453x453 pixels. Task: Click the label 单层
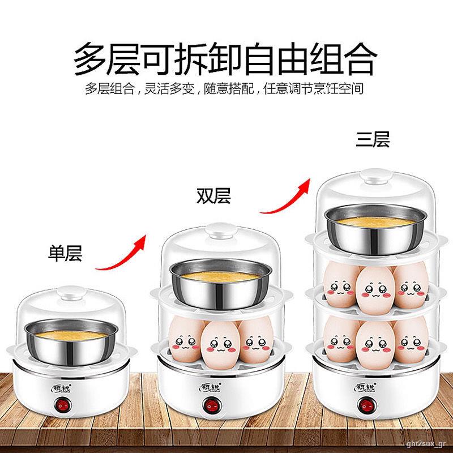[x=65, y=254]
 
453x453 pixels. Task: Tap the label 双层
[x=213, y=195]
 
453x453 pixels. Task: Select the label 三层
[x=373, y=139]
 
